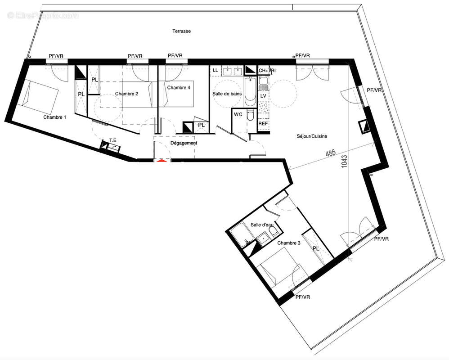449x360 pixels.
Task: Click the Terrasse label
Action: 182,31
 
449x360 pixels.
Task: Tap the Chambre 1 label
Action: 55,117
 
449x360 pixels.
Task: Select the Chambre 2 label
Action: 126,94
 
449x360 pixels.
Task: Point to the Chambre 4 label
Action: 179,88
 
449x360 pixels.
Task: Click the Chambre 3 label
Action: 288,243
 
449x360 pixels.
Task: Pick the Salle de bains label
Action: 227,94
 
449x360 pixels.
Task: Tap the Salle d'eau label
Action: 262,225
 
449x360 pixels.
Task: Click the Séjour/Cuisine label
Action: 312,136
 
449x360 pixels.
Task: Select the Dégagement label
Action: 184,143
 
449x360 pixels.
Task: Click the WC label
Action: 238,115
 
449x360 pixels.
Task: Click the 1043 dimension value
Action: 345,162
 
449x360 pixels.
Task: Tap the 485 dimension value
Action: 331,153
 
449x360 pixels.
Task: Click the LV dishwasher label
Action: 263,96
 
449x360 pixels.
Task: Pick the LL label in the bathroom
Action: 215,70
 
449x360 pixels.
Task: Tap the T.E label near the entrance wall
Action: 112,140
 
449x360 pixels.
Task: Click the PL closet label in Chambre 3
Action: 315,248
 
